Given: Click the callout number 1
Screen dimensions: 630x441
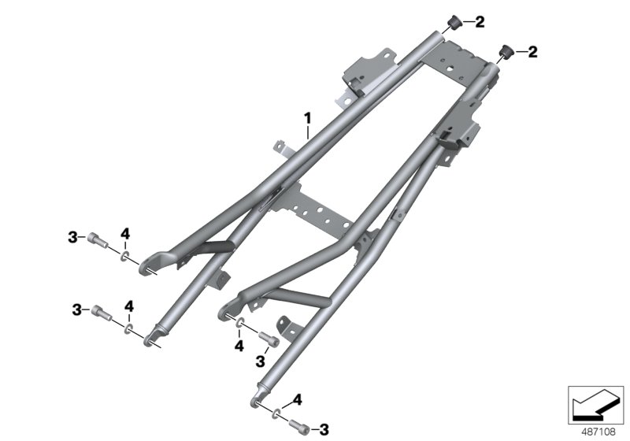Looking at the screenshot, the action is [x=307, y=118].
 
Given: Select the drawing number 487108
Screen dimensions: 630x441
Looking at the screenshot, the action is [x=598, y=432].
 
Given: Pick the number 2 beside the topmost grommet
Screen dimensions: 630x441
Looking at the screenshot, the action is [x=480, y=22].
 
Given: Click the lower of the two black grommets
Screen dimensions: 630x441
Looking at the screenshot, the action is [x=507, y=51].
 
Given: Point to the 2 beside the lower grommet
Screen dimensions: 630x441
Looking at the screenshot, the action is [x=532, y=52].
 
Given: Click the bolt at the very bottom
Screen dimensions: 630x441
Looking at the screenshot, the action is [x=299, y=426].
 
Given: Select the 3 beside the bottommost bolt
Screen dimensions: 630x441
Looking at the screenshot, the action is [x=324, y=430].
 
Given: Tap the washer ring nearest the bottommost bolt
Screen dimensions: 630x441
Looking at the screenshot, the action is [x=277, y=413].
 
